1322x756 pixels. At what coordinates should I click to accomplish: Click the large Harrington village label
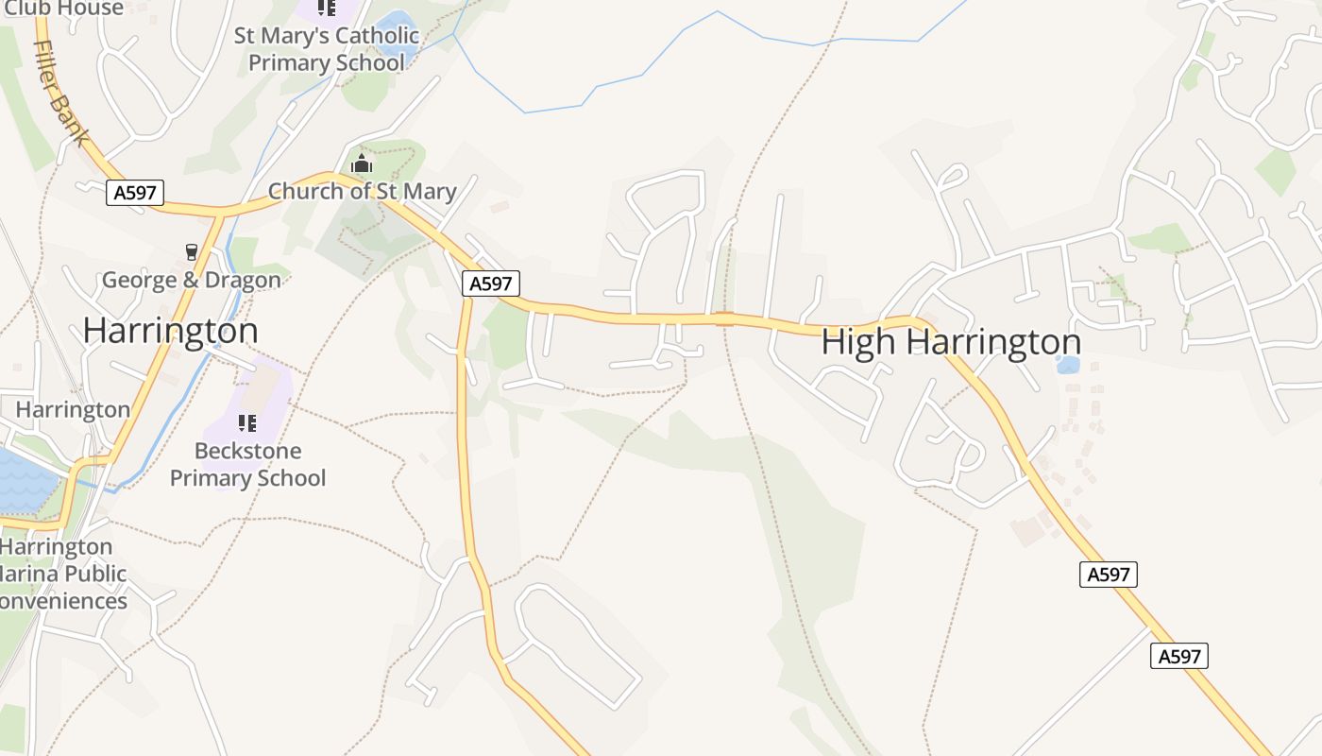click(x=170, y=331)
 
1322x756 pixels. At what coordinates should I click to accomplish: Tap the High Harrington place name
click(x=951, y=342)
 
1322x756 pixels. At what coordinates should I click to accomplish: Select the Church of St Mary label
click(x=363, y=191)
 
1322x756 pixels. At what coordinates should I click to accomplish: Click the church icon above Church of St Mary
click(x=362, y=164)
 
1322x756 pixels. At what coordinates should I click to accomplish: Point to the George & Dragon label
click(x=192, y=280)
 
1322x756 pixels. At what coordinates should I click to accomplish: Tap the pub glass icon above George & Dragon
click(x=192, y=251)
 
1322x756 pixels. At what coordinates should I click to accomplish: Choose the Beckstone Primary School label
click(x=247, y=464)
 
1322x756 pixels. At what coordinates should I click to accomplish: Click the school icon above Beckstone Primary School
click(x=247, y=422)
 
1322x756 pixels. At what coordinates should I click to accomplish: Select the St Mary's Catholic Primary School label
click(x=327, y=49)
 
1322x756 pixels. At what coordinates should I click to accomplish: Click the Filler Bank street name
click(x=62, y=92)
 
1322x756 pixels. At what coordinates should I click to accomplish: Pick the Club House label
click(x=63, y=9)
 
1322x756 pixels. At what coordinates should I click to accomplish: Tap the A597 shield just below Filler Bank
click(x=135, y=193)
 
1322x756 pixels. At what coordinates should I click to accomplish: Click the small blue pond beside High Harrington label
click(x=1068, y=365)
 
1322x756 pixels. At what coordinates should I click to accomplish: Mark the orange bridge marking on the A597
click(x=724, y=318)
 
